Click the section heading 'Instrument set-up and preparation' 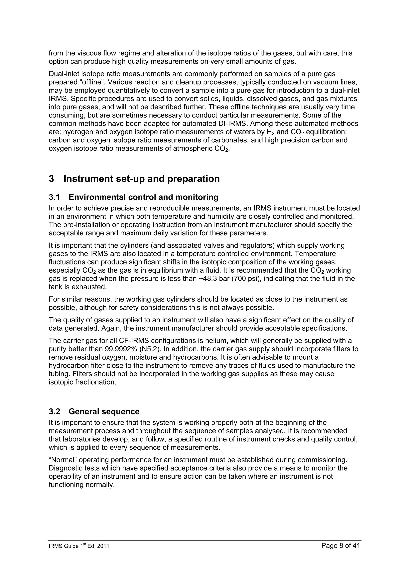141,179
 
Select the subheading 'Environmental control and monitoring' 143,197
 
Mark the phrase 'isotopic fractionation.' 82,382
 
